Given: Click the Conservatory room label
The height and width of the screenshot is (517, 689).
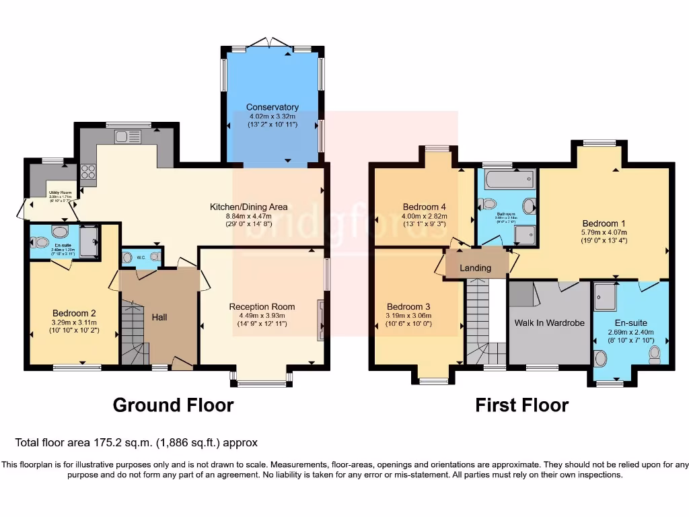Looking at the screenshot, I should click(272, 107).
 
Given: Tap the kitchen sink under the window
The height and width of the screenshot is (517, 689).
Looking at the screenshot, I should click(126, 137).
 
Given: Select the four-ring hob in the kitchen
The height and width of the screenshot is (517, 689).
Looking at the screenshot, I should click(88, 172).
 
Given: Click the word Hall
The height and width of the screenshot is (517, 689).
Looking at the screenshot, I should click(159, 317).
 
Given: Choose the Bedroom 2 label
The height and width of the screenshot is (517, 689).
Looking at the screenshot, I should click(74, 313).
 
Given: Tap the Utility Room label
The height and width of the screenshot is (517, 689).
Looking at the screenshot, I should click(61, 192).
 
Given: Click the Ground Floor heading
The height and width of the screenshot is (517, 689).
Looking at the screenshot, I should click(173, 405).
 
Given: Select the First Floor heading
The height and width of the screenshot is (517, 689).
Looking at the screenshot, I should click(521, 405).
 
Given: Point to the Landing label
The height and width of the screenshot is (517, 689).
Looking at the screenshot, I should click(475, 268).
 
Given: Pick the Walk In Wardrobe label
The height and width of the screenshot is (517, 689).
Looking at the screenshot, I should click(549, 323).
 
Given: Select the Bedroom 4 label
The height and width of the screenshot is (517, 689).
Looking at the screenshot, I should click(425, 207).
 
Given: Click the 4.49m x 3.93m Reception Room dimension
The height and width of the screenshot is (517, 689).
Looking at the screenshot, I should click(262, 316).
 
